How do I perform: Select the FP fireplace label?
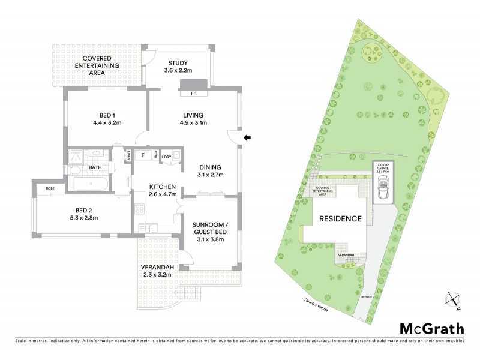pos(194,94)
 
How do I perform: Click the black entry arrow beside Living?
pos(247,138)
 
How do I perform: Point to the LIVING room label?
pos(194,115)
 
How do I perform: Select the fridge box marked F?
pos(143,155)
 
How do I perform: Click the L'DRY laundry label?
pos(167,157)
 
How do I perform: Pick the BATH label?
pos(95,168)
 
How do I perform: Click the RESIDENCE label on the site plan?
pos(340,219)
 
